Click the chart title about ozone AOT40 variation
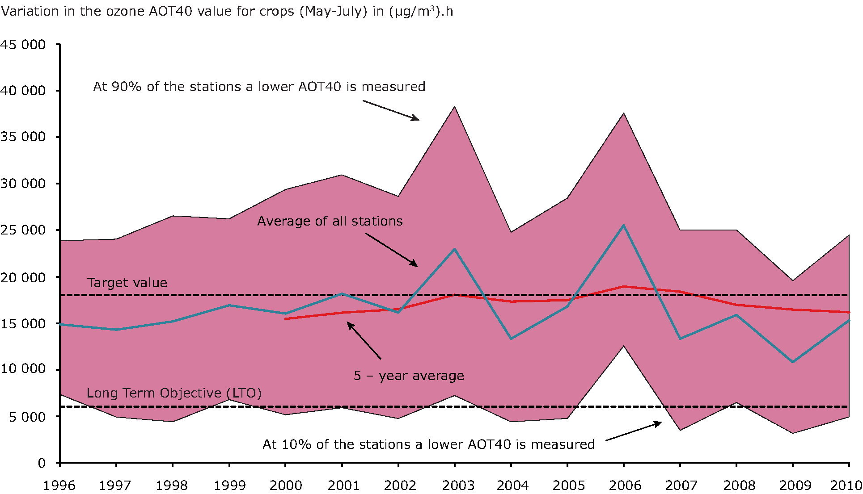pyautogui.click(x=227, y=11)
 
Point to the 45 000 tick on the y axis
pyautogui.click(x=23, y=45)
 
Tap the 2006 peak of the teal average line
pyautogui.click(x=623, y=226)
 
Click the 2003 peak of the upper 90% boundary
pyautogui.click(x=455, y=107)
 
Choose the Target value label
pyautogui.click(x=127, y=283)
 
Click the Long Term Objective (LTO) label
pyautogui.click(x=174, y=393)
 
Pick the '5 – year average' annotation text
pyautogui.click(x=409, y=376)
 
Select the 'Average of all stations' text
pyautogui.click(x=330, y=221)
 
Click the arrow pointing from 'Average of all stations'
pyautogui.click(x=391, y=250)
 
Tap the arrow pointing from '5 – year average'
pyautogui.click(x=364, y=340)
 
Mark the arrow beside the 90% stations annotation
pyautogui.click(x=391, y=110)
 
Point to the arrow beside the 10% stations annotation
pyautogui.click(x=634, y=431)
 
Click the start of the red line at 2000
pyautogui.click(x=286, y=318)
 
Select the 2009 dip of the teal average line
pyautogui.click(x=793, y=362)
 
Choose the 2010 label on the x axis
pyautogui.click(x=846, y=485)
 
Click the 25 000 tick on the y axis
pyautogui.click(x=23, y=230)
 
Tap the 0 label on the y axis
pyautogui.click(x=42, y=463)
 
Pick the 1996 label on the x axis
pyautogui.click(x=59, y=485)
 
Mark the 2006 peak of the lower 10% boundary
pyautogui.click(x=624, y=346)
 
